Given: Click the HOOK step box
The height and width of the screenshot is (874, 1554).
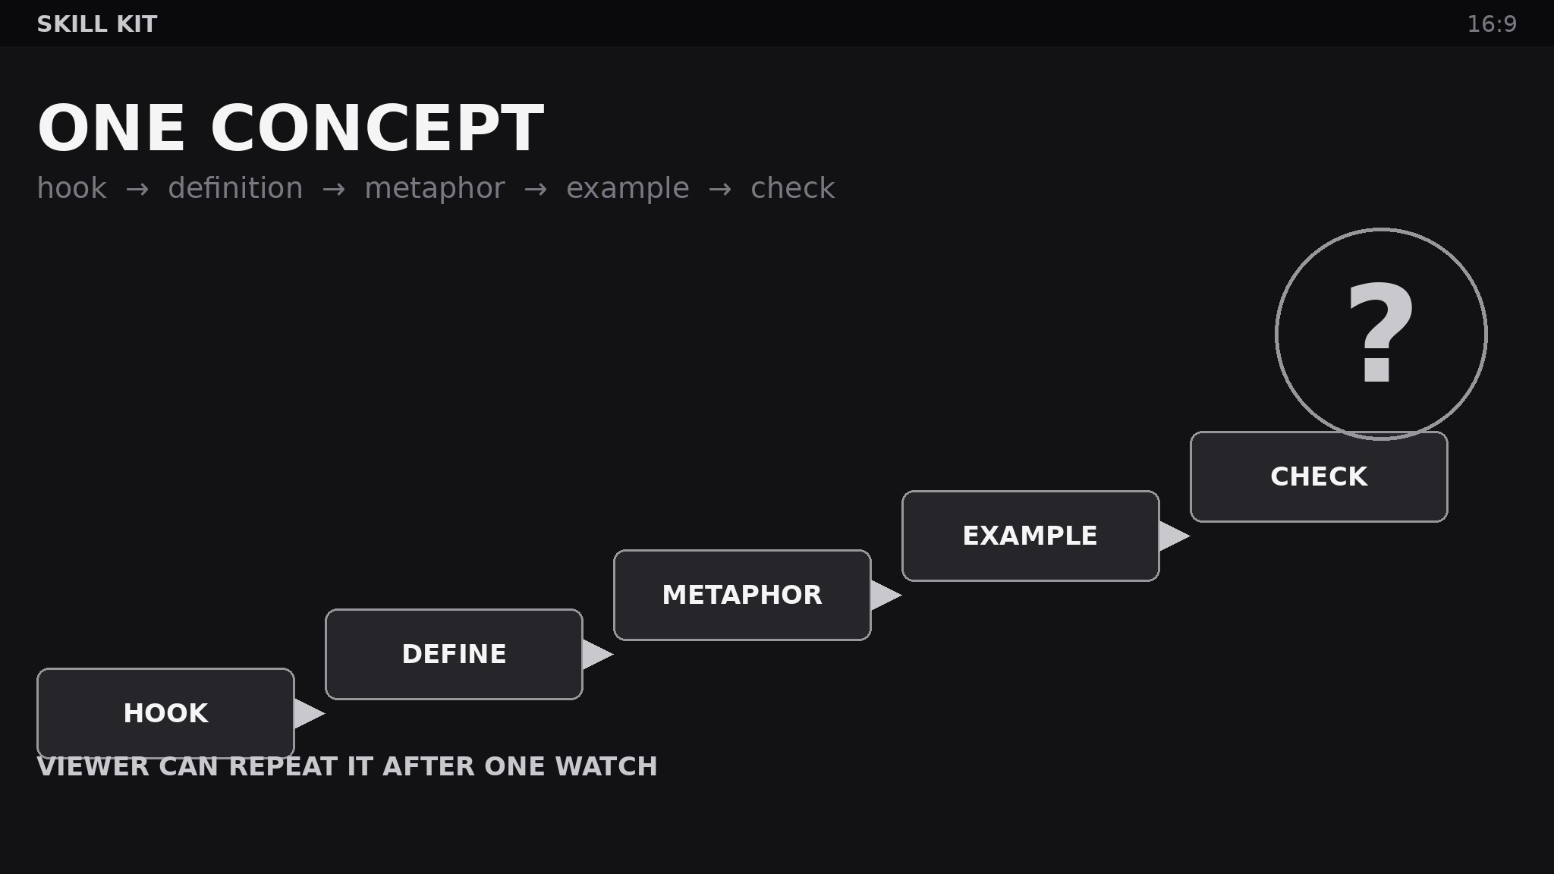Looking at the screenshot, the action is click(x=165, y=713).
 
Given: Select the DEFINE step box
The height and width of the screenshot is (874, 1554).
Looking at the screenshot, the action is click(x=454, y=654).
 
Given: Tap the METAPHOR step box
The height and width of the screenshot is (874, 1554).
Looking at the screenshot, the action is click(x=742, y=595).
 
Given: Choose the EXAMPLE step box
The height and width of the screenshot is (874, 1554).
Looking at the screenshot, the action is click(x=1030, y=536).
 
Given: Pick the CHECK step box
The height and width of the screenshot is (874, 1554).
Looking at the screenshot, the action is click(x=1319, y=476).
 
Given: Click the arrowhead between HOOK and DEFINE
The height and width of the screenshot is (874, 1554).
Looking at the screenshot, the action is click(x=307, y=713).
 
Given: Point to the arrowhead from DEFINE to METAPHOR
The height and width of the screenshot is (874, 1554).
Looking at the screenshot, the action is click(x=596, y=654).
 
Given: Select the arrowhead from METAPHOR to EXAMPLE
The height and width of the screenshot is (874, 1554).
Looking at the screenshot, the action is click(x=884, y=595).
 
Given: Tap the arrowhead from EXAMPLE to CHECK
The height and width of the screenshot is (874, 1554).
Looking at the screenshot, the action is click(x=1172, y=536).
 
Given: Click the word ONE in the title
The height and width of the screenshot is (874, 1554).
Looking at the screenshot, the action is click(x=112, y=129).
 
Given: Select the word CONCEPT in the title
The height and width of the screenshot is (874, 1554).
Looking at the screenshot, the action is click(x=377, y=129).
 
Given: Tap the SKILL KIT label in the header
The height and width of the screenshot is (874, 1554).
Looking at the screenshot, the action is click(x=97, y=24).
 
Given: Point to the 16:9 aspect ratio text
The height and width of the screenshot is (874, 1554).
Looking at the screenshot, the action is click(x=1492, y=24).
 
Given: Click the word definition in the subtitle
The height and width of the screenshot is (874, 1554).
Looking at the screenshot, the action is click(x=235, y=188).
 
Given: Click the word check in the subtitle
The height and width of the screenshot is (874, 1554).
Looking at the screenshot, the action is click(x=793, y=188).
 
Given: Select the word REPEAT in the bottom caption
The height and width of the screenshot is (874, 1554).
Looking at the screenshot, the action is click(x=283, y=766).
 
